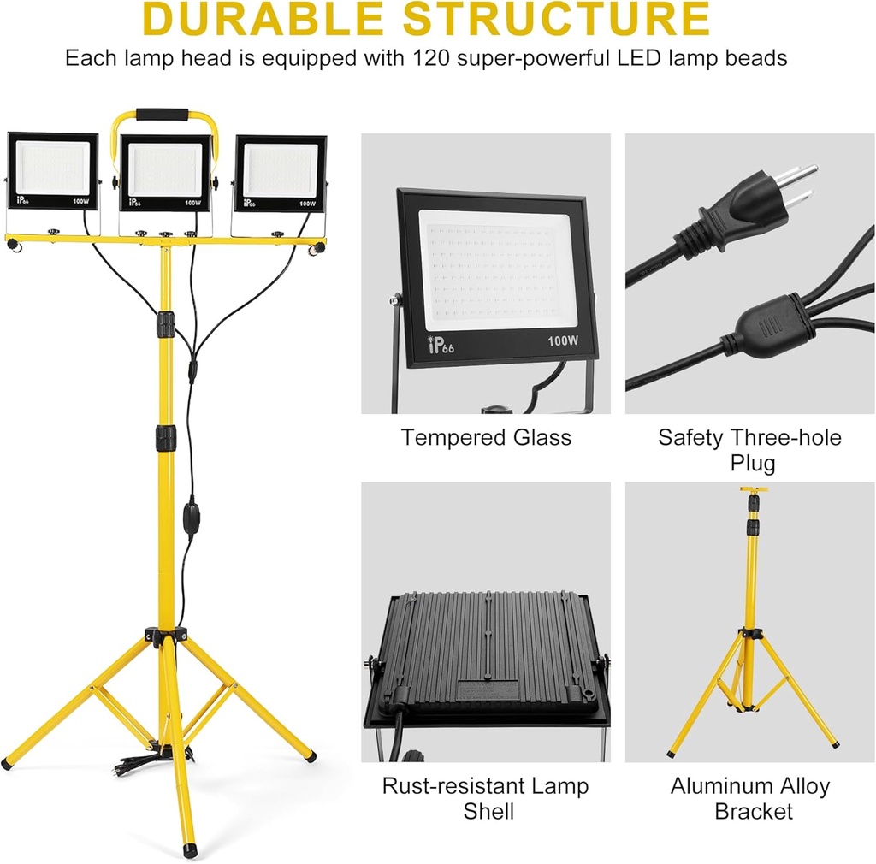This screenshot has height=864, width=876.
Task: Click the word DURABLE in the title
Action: [261, 21]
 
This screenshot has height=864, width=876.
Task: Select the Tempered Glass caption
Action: [486, 438]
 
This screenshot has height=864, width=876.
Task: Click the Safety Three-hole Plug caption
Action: [749, 450]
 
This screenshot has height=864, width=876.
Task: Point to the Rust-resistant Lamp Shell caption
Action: [486, 797]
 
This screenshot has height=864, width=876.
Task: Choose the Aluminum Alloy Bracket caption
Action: [749, 797]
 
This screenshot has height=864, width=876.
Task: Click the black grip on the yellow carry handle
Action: [162, 114]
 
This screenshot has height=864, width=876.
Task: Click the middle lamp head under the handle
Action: [165, 174]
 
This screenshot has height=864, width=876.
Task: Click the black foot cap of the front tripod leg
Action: [190, 852]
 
